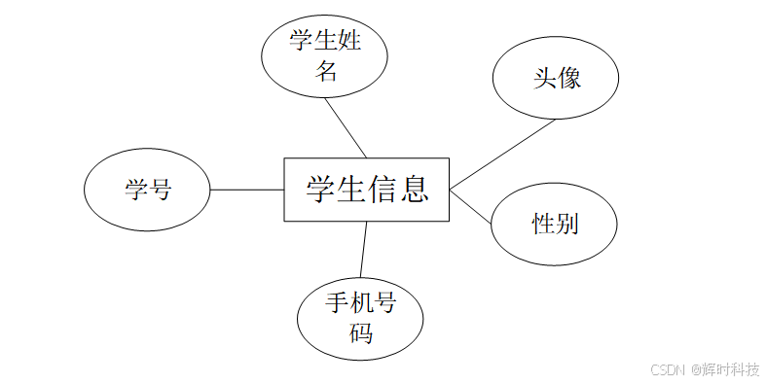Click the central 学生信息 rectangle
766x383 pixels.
point(367,190)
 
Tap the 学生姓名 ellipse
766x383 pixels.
point(325,55)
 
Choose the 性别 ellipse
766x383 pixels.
point(555,225)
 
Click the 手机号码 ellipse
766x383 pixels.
point(360,318)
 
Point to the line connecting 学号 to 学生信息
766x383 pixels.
point(246,190)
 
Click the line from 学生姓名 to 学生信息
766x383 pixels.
point(347,125)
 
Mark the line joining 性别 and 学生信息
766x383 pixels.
point(471,205)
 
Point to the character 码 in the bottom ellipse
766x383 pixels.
point(360,333)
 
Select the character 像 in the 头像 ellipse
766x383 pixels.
point(569,79)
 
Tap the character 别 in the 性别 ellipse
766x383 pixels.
point(567,225)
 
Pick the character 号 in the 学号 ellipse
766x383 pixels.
point(160,190)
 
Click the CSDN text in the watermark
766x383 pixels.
point(668,369)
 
